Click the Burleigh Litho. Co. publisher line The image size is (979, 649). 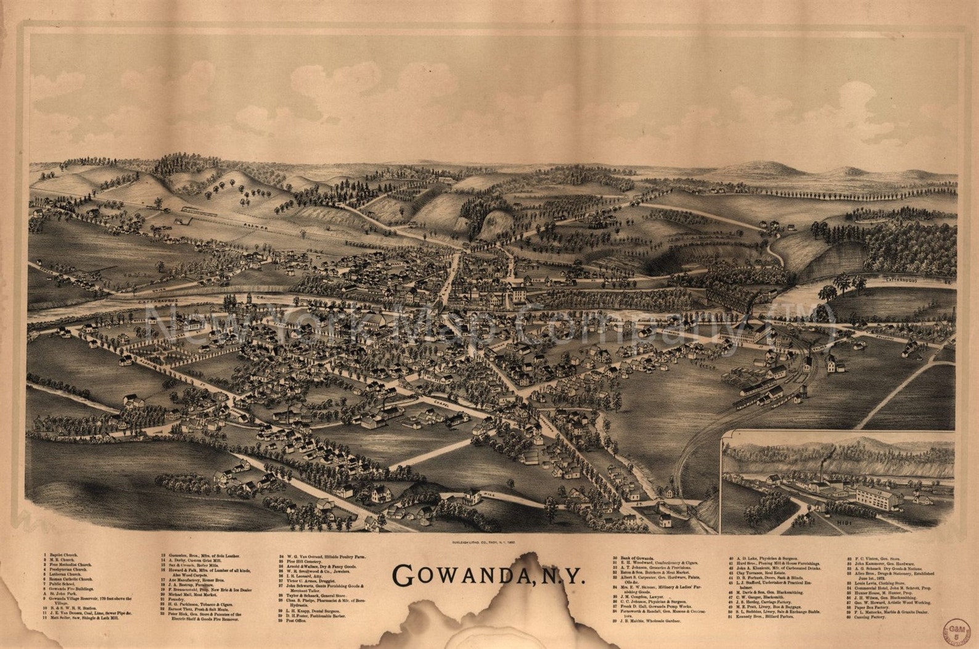488,542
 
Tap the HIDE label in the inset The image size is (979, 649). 845,523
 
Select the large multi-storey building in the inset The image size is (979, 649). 875,498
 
